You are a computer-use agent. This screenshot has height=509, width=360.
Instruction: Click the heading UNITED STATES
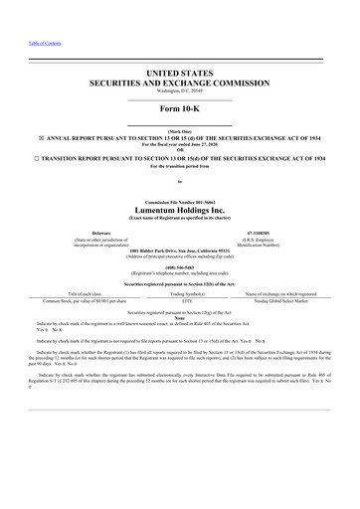point(180,74)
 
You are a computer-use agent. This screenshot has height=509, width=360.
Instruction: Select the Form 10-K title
point(180,109)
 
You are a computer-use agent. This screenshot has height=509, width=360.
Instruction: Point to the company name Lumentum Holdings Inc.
point(180,211)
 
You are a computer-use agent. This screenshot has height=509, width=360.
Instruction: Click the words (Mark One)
point(180,130)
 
